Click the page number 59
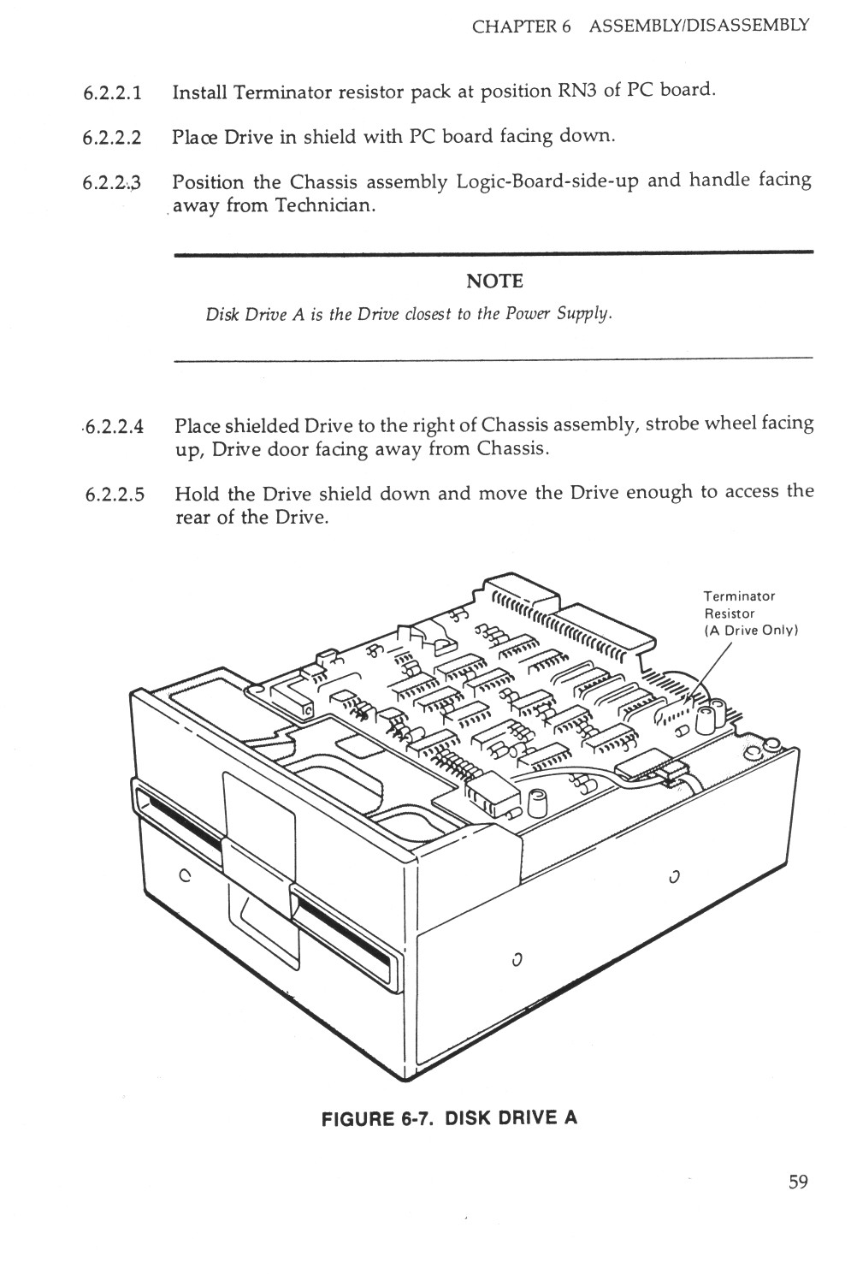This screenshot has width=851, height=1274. [x=798, y=1182]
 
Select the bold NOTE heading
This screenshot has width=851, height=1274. [x=494, y=281]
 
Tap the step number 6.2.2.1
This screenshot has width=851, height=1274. [x=112, y=92]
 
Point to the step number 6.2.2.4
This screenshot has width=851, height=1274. [x=113, y=427]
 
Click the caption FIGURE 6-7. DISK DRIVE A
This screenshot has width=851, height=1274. [x=449, y=1117]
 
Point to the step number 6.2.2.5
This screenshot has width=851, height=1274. [x=115, y=495]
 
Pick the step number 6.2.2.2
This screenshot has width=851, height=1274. [x=112, y=139]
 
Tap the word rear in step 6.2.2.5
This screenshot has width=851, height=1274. [x=193, y=518]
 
